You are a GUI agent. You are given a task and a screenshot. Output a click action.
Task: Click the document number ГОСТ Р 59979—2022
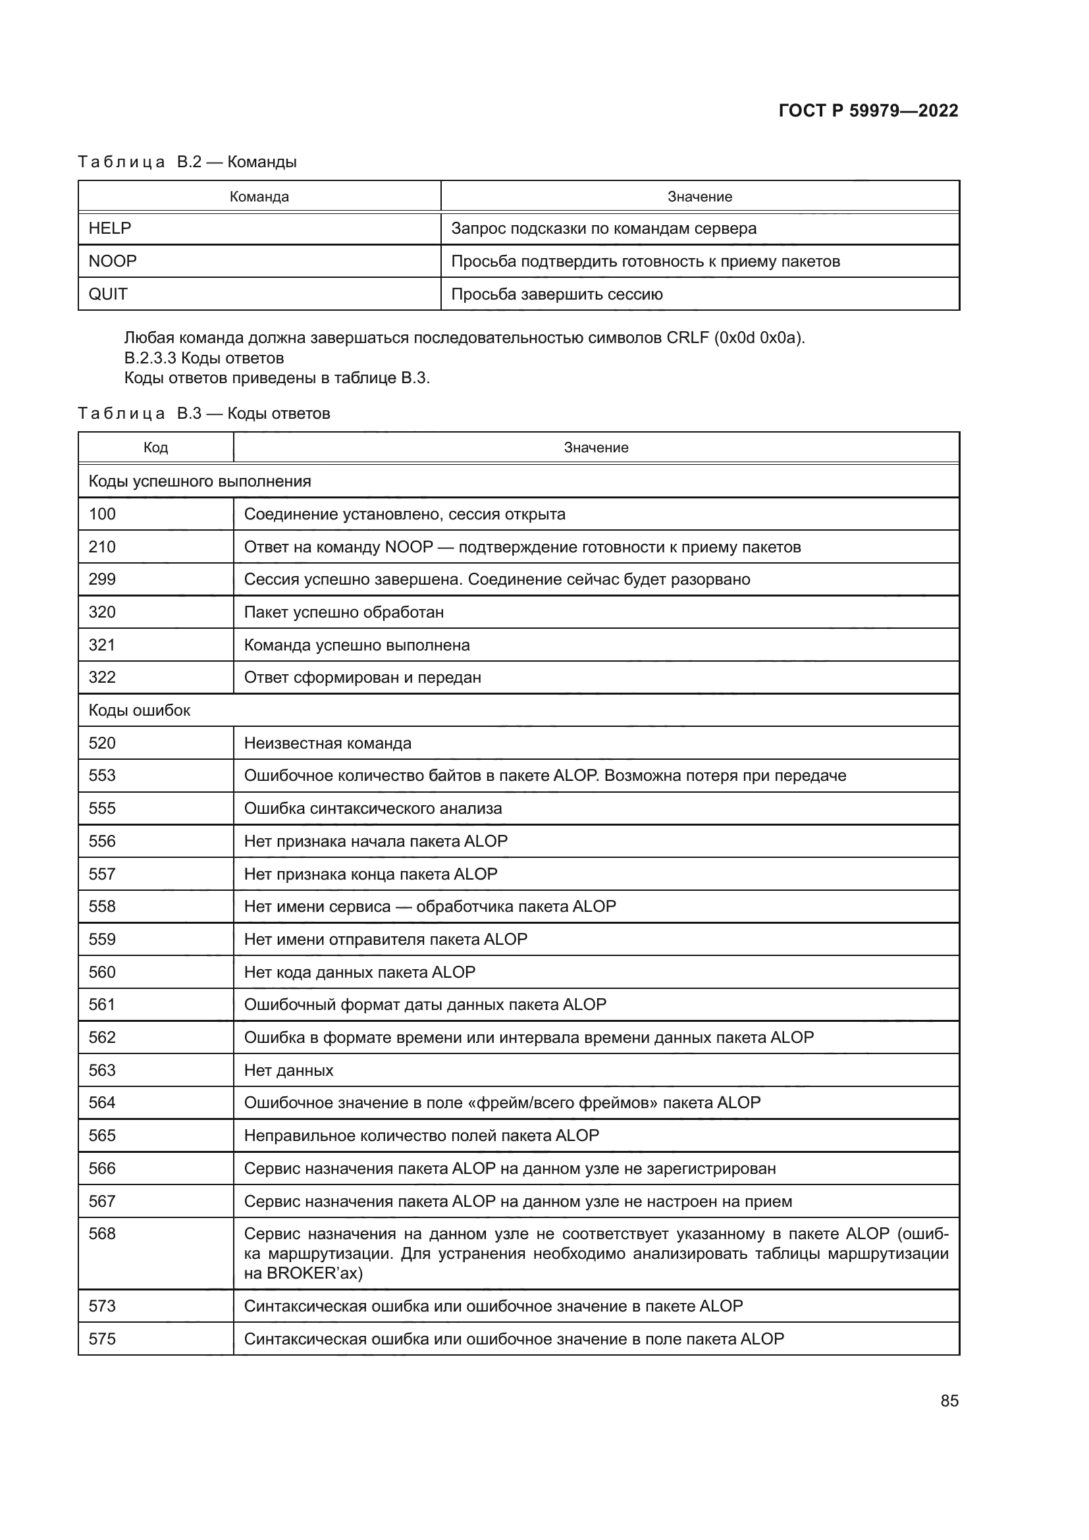[868, 111]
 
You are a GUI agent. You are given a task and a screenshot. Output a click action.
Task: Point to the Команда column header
[259, 196]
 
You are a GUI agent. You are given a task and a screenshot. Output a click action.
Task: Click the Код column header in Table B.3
[155, 447]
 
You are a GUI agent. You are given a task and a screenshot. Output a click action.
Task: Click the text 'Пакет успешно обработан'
[343, 612]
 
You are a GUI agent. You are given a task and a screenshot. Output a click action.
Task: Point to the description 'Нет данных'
[288, 1070]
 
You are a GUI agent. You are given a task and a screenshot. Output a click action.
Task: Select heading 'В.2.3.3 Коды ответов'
[204, 358]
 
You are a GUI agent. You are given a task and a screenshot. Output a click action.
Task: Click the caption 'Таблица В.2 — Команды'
[187, 162]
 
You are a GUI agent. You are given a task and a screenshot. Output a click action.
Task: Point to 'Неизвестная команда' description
[327, 743]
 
